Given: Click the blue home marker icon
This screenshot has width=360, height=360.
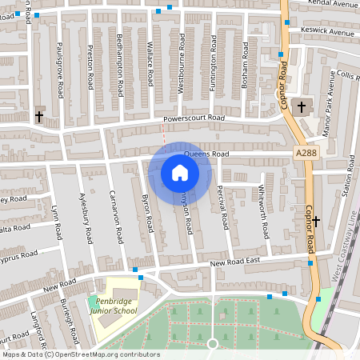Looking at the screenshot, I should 180,173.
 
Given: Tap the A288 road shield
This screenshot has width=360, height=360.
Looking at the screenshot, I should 305,153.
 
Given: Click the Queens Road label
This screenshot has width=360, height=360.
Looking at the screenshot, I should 206,154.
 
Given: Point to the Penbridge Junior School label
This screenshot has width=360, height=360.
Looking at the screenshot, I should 113,306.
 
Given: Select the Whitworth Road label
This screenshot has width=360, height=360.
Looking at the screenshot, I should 266,212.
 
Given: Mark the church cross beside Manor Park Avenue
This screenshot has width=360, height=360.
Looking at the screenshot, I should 302,106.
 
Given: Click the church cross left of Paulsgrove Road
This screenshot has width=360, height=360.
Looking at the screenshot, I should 39,115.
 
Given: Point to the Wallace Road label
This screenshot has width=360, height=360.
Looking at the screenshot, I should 150,64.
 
